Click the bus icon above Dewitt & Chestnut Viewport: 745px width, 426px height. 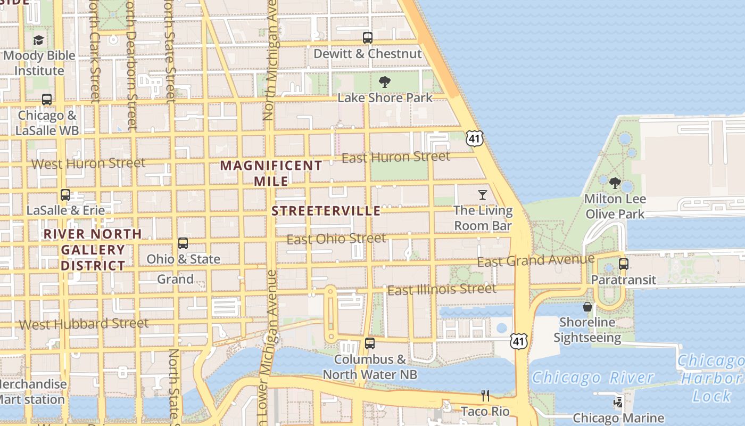368,38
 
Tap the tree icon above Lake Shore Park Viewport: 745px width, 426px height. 385,82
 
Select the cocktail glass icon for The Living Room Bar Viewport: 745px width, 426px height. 483,195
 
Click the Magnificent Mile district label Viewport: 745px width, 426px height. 271,173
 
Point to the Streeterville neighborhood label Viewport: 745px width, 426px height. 326,211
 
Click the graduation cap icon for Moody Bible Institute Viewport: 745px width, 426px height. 39,40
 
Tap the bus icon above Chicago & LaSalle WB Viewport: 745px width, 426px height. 47,100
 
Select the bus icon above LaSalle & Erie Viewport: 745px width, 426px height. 65,195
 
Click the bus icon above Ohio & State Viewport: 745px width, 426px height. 183,243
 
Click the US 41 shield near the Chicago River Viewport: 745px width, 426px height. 519,341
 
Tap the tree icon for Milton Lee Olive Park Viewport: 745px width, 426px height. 615,183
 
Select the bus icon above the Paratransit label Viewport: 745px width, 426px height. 624,264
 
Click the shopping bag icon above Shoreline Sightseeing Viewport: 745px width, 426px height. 587,307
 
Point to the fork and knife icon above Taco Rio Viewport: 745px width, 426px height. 485,396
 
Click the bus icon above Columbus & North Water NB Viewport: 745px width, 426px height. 370,343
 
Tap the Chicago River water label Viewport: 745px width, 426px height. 592,378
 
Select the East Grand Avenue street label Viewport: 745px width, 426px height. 535,260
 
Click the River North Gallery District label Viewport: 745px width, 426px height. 93,250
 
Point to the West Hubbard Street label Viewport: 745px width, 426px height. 84,324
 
